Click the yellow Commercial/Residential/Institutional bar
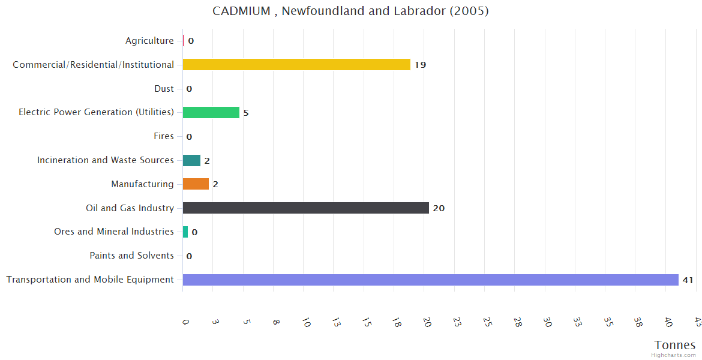pyautogui.click(x=296, y=64)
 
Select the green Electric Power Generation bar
pyautogui.click(x=211, y=112)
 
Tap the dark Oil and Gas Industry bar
pyautogui.click(x=305, y=208)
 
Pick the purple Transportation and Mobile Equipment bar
pyautogui.click(x=430, y=280)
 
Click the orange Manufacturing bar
pyautogui.click(x=196, y=184)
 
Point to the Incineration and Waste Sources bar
pyautogui.click(x=191, y=160)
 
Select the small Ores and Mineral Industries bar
pyautogui.click(x=185, y=232)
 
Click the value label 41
pyautogui.click(x=688, y=280)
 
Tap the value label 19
pyautogui.click(x=420, y=65)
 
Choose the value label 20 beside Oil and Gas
pyautogui.click(x=439, y=208)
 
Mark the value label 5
pyautogui.click(x=246, y=113)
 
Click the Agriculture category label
pyautogui.click(x=149, y=41)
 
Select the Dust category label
pyautogui.click(x=164, y=89)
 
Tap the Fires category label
pyautogui.click(x=164, y=136)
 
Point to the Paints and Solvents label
pyautogui.click(x=131, y=256)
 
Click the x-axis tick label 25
pyautogui.click(x=487, y=322)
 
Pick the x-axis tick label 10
pyautogui.click(x=306, y=322)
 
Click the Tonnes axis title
pyautogui.click(x=675, y=345)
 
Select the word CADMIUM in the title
pyautogui.click(x=241, y=11)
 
